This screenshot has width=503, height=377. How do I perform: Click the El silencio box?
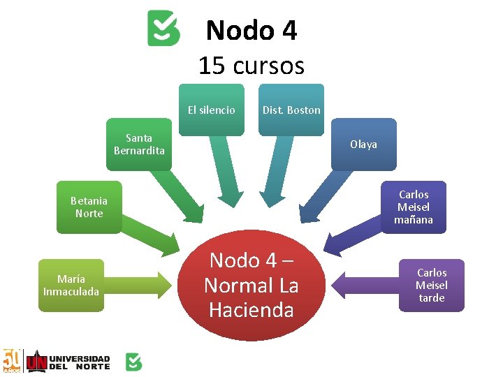click(212, 110)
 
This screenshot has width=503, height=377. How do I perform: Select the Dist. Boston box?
click(291, 110)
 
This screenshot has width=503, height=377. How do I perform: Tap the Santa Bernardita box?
click(139, 145)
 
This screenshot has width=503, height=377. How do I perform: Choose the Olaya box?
click(363, 145)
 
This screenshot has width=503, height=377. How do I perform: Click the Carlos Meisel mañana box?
click(413, 207)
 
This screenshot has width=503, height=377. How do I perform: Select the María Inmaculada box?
click(71, 285)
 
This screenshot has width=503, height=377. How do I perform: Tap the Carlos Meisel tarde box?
click(431, 285)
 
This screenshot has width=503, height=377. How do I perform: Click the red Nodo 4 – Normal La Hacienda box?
click(251, 285)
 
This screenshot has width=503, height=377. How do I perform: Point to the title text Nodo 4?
click(251, 31)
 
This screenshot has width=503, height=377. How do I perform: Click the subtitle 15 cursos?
click(251, 66)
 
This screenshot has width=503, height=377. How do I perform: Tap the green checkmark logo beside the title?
click(163, 29)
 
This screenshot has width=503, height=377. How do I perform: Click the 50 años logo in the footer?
click(13, 360)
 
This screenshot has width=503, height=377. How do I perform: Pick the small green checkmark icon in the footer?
click(133, 361)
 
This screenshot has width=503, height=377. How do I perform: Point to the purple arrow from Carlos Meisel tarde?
click(363, 285)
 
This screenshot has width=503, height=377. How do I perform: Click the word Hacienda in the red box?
click(251, 309)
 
